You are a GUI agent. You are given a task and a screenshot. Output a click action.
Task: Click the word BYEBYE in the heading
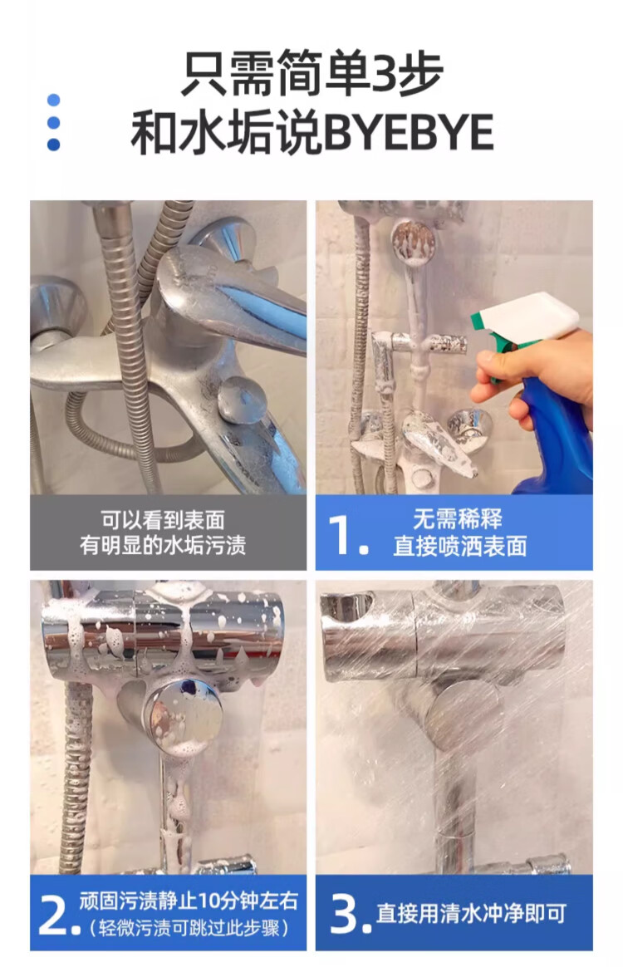tap(409, 133)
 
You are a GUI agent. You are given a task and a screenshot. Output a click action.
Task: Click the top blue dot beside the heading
tap(54, 100)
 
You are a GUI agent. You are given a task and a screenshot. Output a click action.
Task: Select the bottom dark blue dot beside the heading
tap(54, 145)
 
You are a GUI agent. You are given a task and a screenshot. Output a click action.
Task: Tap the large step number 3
tap(343, 913)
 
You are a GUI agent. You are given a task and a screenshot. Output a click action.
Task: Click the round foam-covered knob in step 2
tap(182, 714)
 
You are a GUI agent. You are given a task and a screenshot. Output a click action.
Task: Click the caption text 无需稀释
tap(458, 519)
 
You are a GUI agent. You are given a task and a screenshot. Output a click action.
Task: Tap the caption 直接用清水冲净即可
tap(471, 913)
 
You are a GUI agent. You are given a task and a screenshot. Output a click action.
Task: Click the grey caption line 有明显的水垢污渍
tap(163, 545)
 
